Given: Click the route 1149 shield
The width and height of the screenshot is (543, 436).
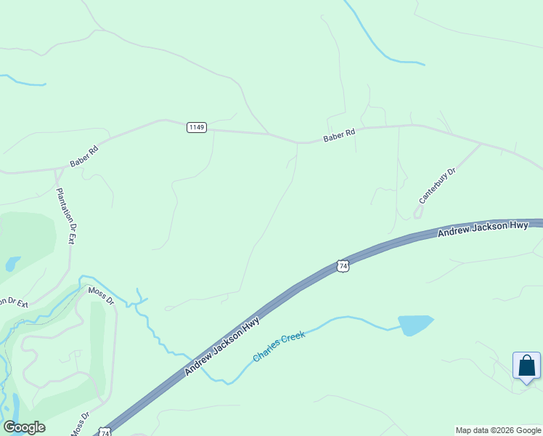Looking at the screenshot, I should (x=197, y=127).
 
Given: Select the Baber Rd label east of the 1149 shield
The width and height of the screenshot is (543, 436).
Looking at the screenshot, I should (x=339, y=136).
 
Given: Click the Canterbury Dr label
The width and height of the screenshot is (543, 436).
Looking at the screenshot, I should (x=437, y=186).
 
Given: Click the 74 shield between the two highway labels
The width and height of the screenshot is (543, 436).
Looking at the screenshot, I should (x=343, y=266).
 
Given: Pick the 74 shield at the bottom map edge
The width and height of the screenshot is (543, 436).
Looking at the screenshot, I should (x=105, y=432).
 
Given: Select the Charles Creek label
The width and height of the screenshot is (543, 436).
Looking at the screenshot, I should (x=279, y=346).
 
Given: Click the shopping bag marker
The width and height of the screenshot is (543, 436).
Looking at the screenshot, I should (x=526, y=366).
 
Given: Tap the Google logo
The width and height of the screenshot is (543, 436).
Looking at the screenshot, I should (x=24, y=427).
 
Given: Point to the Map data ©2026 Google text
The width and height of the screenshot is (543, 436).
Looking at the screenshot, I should (x=499, y=430).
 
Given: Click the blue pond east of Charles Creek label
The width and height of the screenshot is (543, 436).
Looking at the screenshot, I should (x=415, y=325).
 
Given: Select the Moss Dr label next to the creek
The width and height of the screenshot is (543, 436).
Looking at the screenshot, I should (x=101, y=295).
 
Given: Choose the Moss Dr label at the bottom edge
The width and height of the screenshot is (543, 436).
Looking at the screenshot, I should (x=80, y=424).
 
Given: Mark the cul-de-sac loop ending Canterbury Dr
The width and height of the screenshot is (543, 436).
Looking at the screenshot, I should (x=417, y=211).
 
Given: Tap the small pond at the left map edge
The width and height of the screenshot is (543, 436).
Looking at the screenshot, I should (x=12, y=264).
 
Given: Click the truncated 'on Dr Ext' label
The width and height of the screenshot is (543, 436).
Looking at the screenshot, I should (x=13, y=302).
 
